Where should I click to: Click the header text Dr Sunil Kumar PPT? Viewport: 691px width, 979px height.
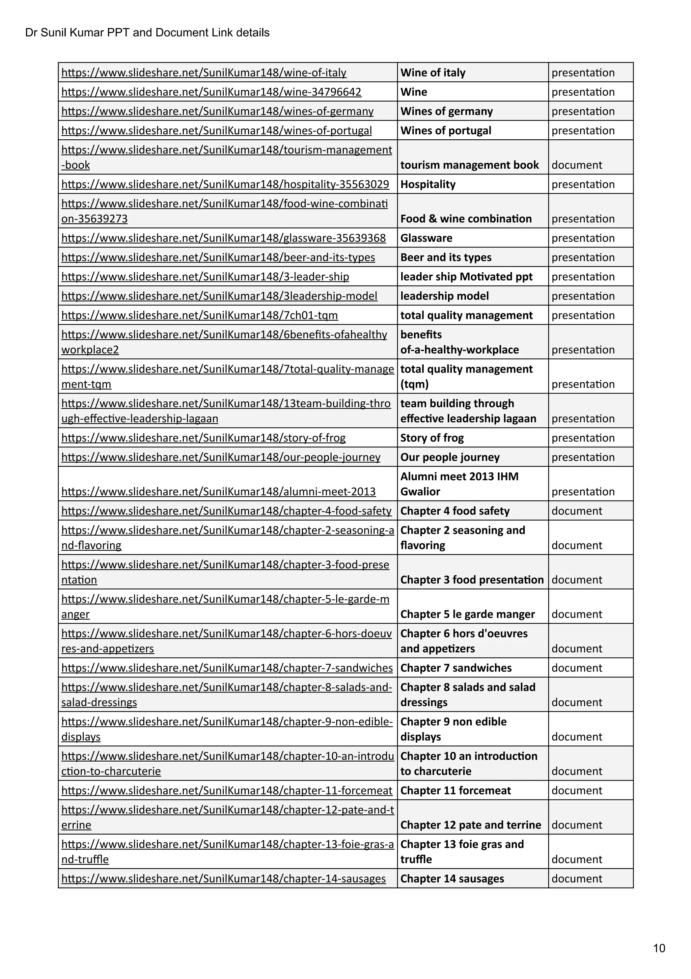147,33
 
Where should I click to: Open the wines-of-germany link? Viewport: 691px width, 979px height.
217,111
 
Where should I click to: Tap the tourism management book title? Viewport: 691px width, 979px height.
469,165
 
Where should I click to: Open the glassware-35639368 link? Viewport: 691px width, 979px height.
223,238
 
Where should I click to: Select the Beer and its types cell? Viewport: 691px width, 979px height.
445,257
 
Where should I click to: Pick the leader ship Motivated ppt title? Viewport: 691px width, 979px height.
466,277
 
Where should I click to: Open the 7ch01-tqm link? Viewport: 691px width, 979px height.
199,316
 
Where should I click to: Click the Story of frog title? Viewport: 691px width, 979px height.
432,438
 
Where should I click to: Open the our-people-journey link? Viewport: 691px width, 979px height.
221,457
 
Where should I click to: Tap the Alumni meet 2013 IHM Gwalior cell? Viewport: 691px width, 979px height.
459,484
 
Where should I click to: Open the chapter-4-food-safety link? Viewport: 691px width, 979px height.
226,511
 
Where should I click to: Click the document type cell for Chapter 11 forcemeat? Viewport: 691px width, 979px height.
576,791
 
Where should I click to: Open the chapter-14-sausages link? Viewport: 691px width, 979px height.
223,879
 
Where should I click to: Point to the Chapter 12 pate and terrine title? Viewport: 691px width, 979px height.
471,825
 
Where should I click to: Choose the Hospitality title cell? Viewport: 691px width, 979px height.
427,185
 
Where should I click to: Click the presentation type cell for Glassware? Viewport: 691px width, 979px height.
583,238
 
